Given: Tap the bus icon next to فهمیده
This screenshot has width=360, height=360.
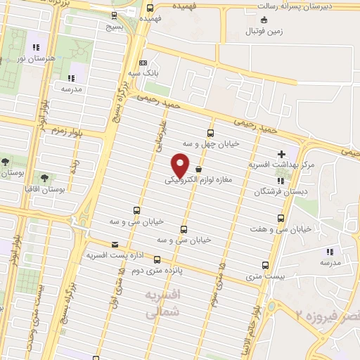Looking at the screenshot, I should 150,8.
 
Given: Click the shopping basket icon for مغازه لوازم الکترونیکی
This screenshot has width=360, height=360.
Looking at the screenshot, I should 198,169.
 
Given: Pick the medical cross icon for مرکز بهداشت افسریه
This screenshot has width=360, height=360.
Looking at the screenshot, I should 281,154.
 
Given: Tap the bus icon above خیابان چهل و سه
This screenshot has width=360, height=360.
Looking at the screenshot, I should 210,133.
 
